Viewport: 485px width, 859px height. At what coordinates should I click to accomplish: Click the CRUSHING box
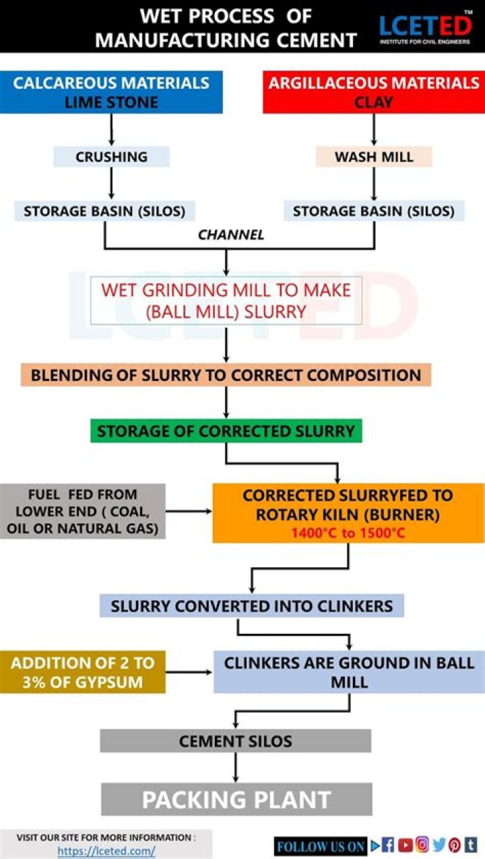coord(111,156)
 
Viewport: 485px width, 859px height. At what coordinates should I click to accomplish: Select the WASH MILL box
coord(374,156)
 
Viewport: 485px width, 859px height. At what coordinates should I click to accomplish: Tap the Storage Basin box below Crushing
coord(104,211)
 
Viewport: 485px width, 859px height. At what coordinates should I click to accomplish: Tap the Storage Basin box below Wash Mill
coord(374,211)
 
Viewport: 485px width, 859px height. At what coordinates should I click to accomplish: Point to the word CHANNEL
coord(231,235)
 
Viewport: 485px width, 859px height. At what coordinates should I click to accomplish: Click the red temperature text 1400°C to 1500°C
coord(348,532)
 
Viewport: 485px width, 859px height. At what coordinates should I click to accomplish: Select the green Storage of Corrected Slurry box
coord(226,431)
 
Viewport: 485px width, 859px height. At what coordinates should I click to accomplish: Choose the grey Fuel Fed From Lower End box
coord(83,511)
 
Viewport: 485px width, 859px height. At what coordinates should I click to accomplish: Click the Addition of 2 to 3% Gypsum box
coord(82,672)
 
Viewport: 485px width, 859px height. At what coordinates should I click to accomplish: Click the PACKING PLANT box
coord(236,799)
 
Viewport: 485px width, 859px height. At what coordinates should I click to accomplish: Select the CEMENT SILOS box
coord(235,741)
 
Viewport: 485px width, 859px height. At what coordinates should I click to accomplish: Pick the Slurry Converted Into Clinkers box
coord(251,605)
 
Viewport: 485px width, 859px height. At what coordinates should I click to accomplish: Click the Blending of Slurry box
coord(226,375)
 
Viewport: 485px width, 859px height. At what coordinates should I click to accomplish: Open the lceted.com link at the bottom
coord(106,850)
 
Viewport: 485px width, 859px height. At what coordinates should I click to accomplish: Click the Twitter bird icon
coord(439,845)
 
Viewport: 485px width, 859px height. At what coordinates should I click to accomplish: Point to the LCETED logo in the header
coord(424,27)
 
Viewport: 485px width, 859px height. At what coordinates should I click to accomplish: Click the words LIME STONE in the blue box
coord(111,102)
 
